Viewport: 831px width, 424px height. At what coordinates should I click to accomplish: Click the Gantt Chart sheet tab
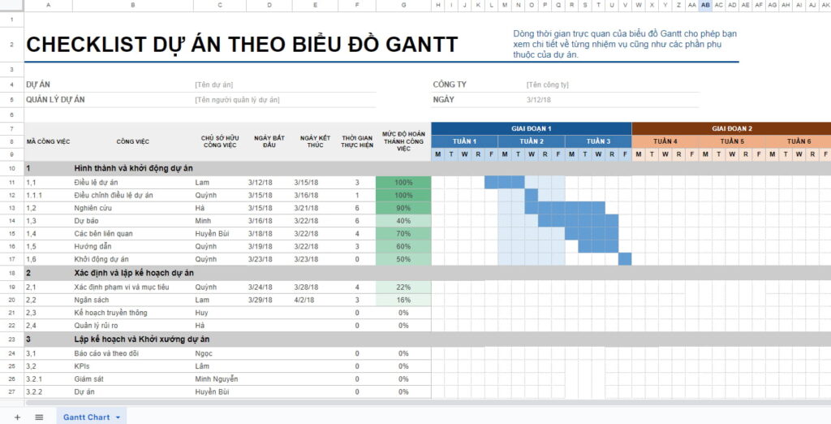click(86, 417)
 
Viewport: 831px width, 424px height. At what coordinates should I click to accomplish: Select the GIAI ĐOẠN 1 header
click(531, 128)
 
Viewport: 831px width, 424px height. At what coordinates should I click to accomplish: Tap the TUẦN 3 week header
click(598, 141)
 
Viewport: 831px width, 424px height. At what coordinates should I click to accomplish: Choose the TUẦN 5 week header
click(731, 141)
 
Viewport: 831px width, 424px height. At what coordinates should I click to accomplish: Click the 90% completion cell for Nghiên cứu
click(403, 208)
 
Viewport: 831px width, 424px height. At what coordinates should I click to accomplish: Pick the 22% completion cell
click(403, 287)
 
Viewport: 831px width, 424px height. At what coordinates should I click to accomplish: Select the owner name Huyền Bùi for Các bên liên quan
click(212, 234)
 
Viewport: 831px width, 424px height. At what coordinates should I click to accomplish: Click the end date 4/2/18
click(306, 300)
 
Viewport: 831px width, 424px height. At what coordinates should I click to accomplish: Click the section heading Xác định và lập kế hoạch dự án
click(134, 273)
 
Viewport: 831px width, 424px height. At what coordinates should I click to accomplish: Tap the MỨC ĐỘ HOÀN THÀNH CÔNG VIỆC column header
click(403, 141)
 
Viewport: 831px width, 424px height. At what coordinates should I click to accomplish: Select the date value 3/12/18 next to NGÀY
click(538, 100)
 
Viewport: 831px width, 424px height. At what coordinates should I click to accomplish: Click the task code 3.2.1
click(34, 379)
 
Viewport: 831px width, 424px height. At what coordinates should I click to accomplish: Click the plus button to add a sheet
click(17, 417)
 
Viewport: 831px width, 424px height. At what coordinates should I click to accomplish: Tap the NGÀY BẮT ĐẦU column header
click(269, 141)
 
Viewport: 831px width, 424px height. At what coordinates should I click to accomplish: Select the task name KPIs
click(82, 366)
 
